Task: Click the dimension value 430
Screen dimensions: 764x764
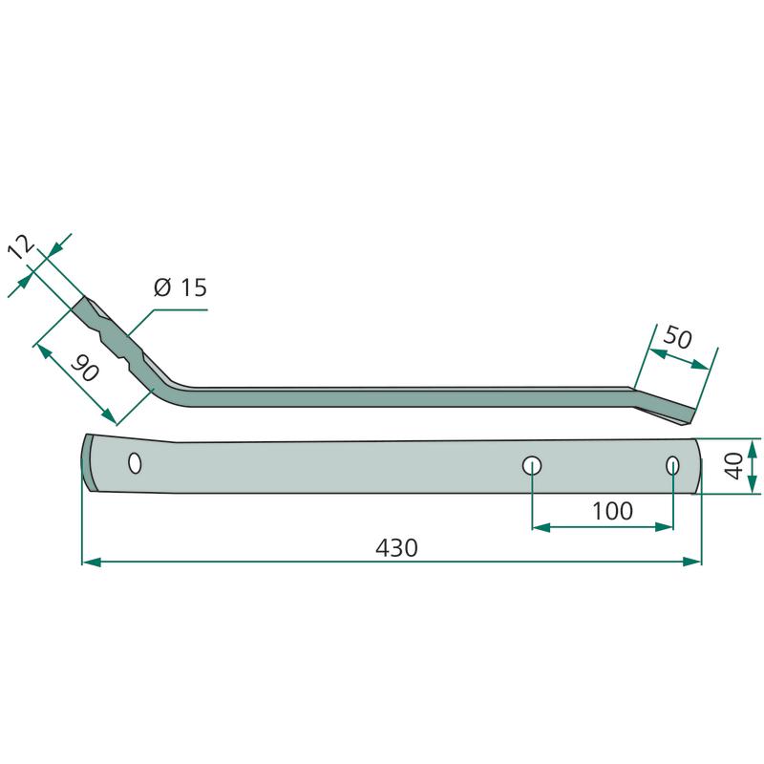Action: tap(396, 547)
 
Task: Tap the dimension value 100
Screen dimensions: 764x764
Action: tap(612, 511)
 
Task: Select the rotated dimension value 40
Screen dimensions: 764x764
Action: tap(733, 466)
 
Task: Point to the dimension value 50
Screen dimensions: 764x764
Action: tap(678, 337)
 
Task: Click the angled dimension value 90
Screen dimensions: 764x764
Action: tap(85, 368)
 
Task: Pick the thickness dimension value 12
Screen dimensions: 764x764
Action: tap(21, 247)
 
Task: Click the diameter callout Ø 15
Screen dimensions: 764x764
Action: tap(180, 287)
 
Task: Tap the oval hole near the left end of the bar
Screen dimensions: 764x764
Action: tap(135, 462)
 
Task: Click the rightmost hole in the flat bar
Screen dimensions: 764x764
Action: tap(672, 466)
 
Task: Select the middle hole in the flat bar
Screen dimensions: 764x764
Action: tap(532, 466)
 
